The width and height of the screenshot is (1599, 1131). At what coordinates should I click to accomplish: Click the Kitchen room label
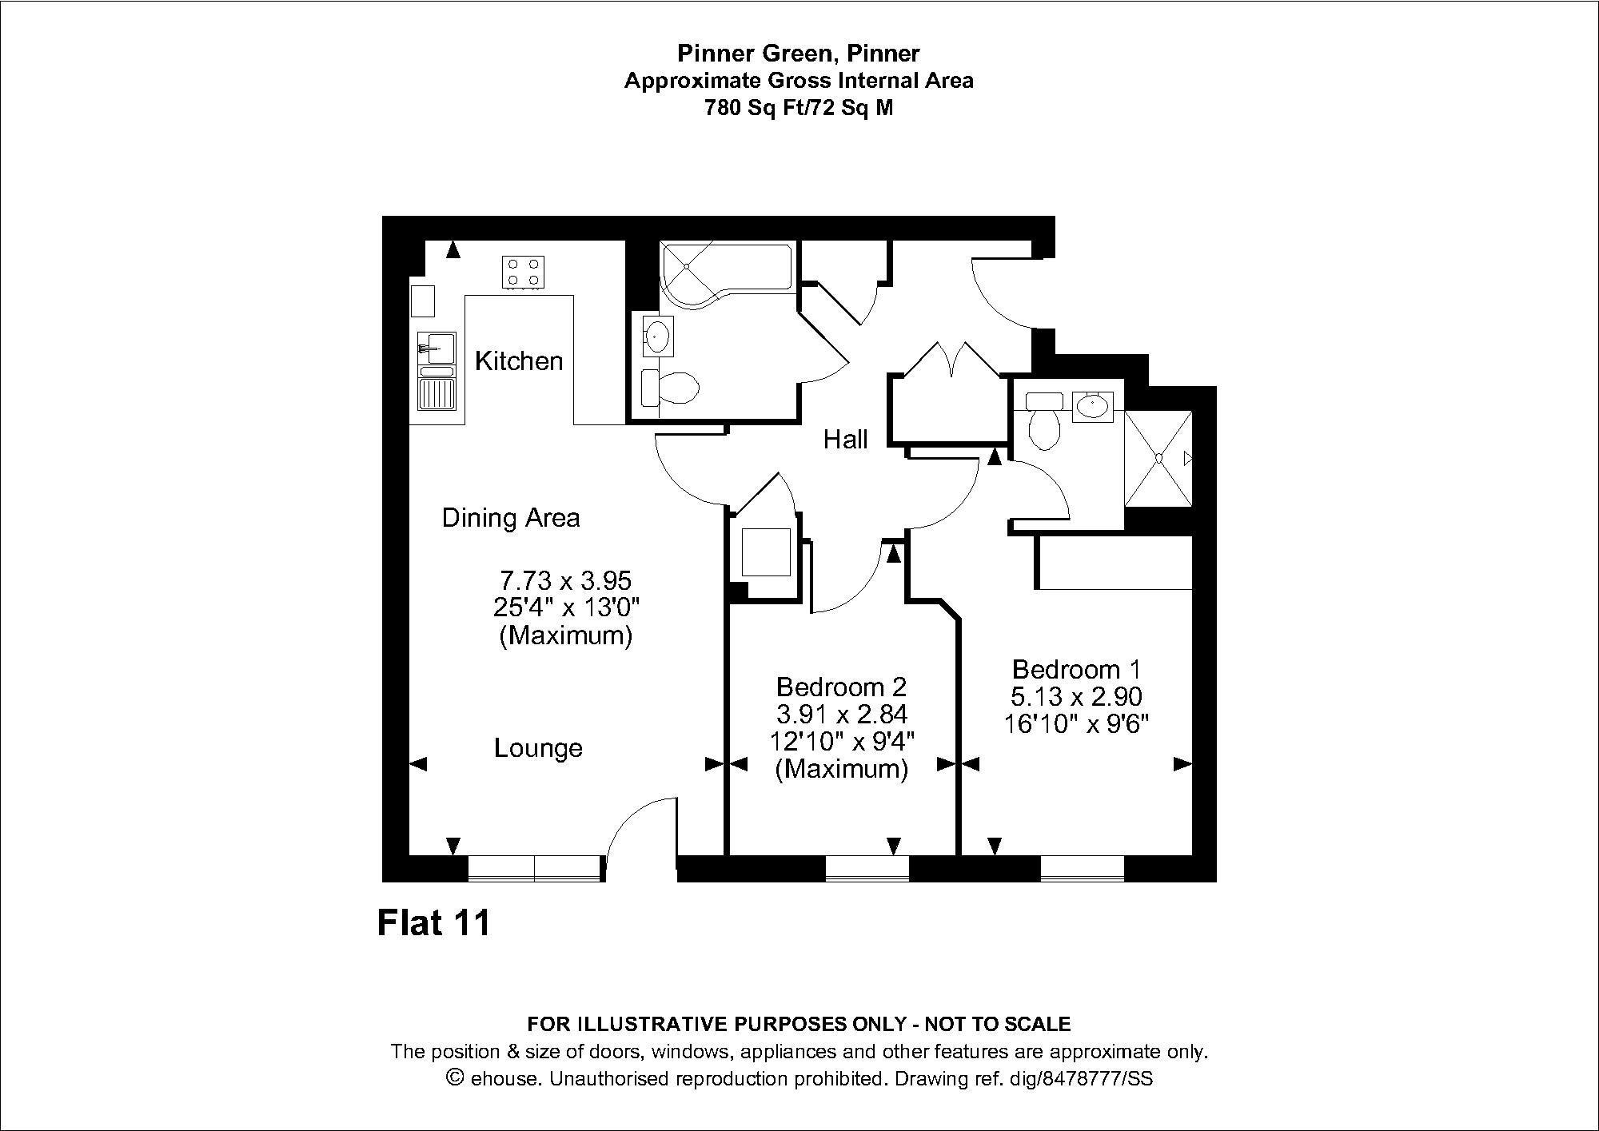click(x=519, y=361)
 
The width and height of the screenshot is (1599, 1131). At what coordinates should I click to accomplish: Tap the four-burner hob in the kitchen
click(x=524, y=272)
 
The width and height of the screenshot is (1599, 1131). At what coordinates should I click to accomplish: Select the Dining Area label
click(x=511, y=518)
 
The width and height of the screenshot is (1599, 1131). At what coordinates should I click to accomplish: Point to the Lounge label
click(x=538, y=748)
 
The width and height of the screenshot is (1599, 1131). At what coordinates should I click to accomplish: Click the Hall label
click(x=845, y=440)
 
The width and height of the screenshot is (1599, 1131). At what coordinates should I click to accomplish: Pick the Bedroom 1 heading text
click(x=1077, y=669)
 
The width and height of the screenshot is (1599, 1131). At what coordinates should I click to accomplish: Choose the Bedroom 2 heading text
click(x=842, y=687)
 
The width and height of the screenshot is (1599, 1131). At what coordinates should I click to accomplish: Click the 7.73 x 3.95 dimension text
click(x=566, y=579)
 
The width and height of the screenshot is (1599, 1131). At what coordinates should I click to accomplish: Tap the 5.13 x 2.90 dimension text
click(x=1077, y=696)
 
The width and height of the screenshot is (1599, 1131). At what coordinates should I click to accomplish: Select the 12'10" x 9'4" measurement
click(x=842, y=741)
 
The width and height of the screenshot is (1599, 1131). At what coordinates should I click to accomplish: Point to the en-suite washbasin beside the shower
click(x=1091, y=407)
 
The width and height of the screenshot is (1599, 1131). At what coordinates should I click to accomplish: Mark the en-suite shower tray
click(x=1158, y=458)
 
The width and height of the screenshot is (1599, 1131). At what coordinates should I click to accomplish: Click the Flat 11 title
click(x=433, y=923)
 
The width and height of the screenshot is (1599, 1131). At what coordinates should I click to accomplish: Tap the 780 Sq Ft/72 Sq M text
click(x=799, y=108)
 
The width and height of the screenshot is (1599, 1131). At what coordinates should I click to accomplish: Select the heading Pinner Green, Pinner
click(x=799, y=54)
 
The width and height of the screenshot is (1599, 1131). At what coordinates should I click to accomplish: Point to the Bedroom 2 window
click(x=867, y=869)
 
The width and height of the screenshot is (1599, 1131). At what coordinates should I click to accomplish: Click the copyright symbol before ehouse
click(x=456, y=1077)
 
